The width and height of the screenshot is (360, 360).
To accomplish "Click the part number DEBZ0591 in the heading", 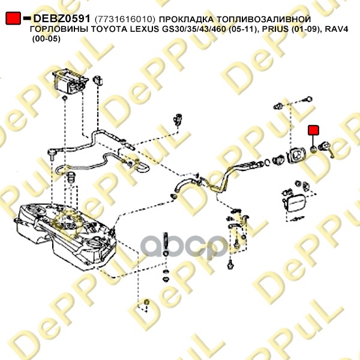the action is [x=62, y=19].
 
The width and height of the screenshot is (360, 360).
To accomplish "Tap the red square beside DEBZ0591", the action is [x=13, y=18].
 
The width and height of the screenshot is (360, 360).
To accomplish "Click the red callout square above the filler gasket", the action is [x=313, y=130].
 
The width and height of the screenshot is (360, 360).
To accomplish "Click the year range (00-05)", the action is [x=46, y=39].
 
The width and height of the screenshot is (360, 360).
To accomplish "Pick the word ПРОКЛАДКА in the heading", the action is [x=186, y=19].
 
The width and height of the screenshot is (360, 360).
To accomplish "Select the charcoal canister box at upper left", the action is [x=70, y=80].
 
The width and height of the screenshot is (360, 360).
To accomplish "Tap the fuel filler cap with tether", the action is [x=326, y=149].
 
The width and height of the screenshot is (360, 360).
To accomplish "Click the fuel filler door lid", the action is [x=295, y=203].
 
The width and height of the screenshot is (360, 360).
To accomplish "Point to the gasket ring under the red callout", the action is [x=314, y=149].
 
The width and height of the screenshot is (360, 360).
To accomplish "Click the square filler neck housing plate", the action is [x=297, y=155].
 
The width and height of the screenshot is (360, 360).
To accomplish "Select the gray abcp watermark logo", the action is [x=184, y=245].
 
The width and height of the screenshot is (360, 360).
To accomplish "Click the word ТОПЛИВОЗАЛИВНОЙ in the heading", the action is [x=264, y=19].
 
